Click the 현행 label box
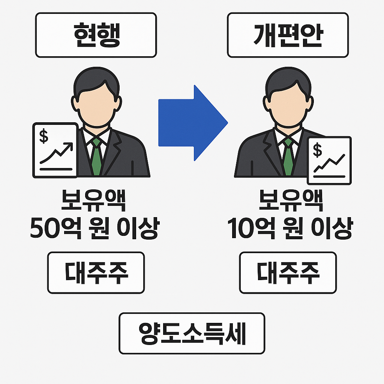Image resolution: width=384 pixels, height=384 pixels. coord(96,35)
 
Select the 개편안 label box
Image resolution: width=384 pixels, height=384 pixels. coord(288,35)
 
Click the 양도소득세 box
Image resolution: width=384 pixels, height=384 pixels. coord(192,333)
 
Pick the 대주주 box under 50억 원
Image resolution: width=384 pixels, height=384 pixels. coord(96,272)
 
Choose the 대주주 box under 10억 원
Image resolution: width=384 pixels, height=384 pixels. coord(288,272)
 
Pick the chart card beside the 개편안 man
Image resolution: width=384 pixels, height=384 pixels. coord(329,160)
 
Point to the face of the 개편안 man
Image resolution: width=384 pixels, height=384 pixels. coord(288,107)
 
